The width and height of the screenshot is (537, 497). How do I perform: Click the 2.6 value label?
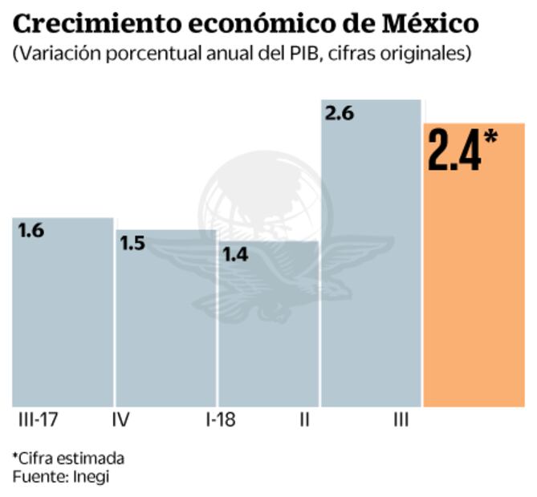pyautogui.click(x=339, y=114)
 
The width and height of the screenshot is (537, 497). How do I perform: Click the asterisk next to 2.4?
pyautogui.click(x=490, y=138)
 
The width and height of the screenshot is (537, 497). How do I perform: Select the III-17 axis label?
pyautogui.click(x=38, y=420)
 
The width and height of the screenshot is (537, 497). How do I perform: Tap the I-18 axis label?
pyautogui.click(x=221, y=420)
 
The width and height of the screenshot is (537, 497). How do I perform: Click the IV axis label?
pyautogui.click(x=120, y=420)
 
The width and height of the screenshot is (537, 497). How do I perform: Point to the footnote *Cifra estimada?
pyautogui.click(x=68, y=458)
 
